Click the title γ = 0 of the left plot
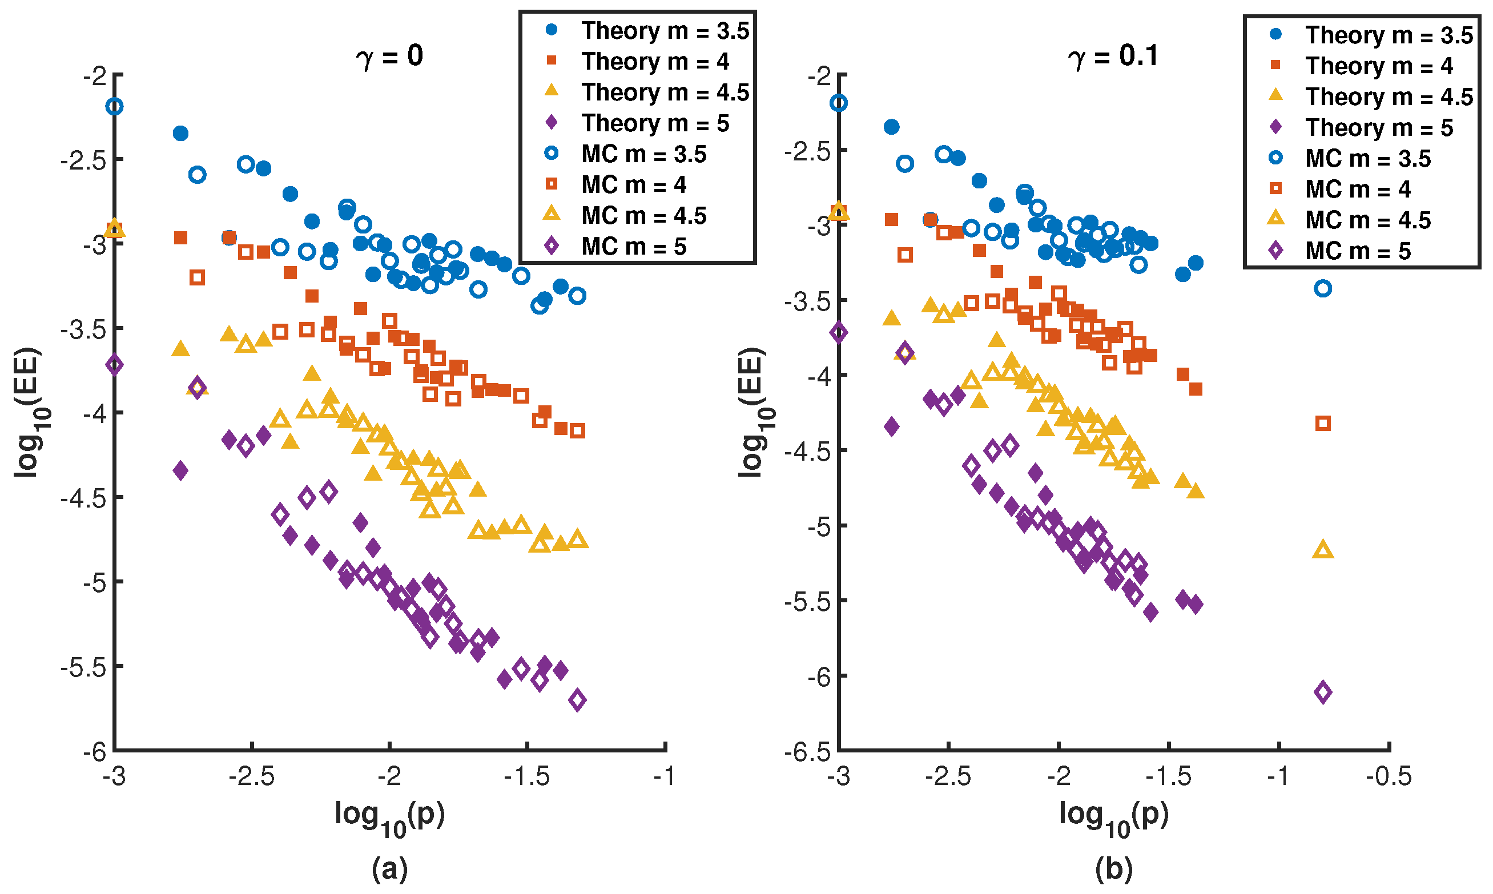tap(390, 57)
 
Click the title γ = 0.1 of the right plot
tap(1113, 57)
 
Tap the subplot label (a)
tap(390, 869)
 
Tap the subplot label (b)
tap(1114, 869)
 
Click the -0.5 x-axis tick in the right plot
tap(1389, 776)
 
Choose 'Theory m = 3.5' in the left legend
tap(665, 31)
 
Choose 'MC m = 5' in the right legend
tap(1358, 251)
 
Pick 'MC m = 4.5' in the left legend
tap(643, 216)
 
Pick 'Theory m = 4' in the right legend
tap(1379, 66)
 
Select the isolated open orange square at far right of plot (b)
tap(1323, 424)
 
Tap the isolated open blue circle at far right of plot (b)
tap(1323, 288)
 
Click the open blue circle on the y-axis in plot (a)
tap(115, 107)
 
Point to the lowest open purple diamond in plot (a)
tap(578, 700)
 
